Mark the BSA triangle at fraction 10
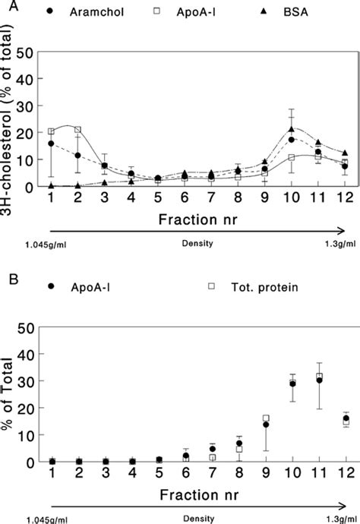tap(292, 129)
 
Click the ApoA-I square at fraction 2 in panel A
tap(77, 130)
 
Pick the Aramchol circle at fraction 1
tap(51, 144)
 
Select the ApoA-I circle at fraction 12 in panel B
tap(346, 418)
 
